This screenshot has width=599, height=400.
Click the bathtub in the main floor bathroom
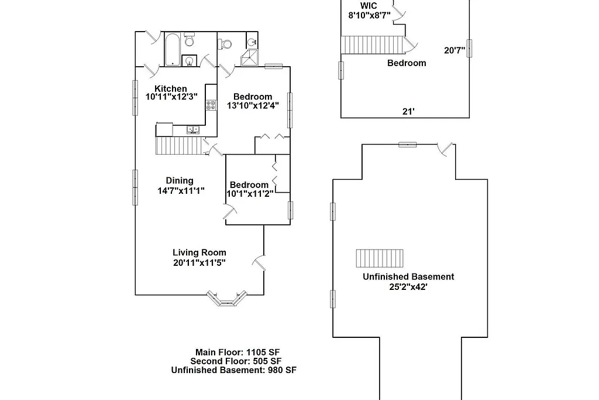(173, 50)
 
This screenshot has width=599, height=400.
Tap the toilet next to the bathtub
(189, 40)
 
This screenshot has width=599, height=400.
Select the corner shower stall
(250, 58)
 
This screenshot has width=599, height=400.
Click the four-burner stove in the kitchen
(211, 105)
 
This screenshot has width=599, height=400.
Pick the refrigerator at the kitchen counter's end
(164, 129)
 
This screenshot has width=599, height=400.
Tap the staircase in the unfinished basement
(380, 258)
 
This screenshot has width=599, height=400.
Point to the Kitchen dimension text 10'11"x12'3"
(172, 97)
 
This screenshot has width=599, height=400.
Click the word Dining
(180, 181)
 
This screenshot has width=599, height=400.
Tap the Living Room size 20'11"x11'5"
(199, 263)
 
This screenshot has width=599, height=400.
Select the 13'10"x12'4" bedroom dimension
(253, 106)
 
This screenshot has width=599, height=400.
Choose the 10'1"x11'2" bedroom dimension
(250, 194)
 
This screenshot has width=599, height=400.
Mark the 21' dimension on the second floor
(409, 111)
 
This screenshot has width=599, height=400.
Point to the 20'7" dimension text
(455, 50)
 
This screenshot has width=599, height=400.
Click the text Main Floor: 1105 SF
(238, 352)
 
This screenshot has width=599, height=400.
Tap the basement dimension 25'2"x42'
(408, 287)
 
